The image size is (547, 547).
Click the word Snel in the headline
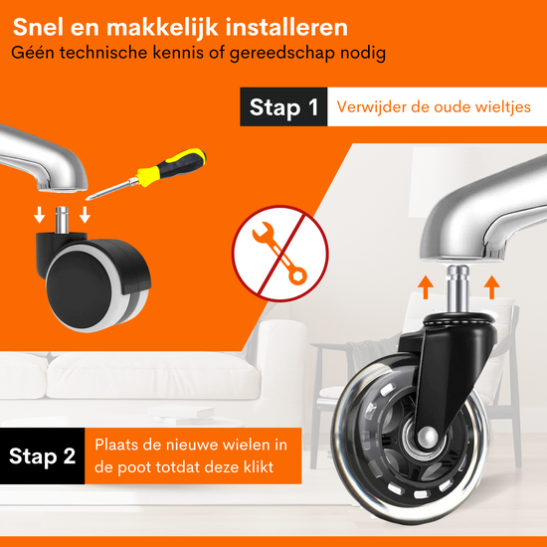[x=39, y=27]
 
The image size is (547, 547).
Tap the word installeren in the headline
[x=286, y=27]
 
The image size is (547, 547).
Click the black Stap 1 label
[x=283, y=106]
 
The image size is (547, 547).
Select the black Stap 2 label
[x=42, y=456]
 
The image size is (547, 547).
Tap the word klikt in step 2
[x=259, y=466]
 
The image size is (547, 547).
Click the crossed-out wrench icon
[x=279, y=254]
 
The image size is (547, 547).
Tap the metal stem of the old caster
[x=62, y=220]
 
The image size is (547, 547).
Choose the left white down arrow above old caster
[x=40, y=215]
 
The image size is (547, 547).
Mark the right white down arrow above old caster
[x=85, y=215]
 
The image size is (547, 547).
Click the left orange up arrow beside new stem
[x=426, y=287]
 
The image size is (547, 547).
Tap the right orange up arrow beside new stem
[x=492, y=287]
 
